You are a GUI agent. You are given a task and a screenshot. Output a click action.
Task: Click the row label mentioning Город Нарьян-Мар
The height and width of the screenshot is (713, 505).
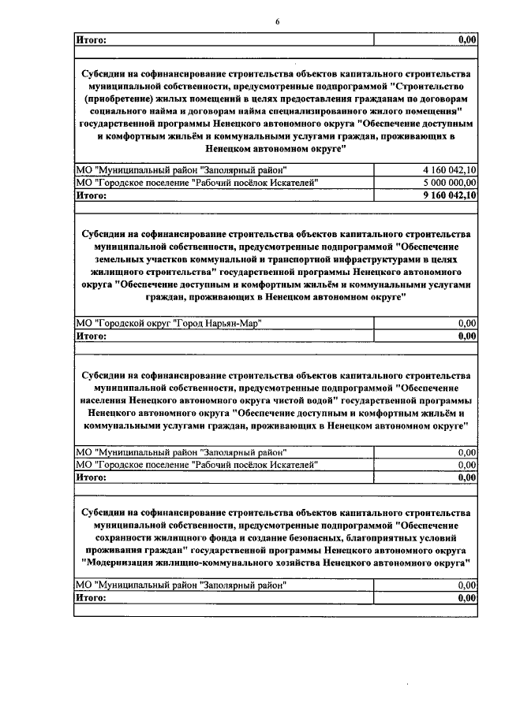coord(167,323)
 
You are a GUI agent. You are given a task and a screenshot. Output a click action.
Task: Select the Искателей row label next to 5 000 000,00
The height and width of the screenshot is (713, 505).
coord(196,182)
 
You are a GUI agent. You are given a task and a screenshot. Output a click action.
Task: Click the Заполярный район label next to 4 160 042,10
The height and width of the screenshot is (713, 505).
coord(181,169)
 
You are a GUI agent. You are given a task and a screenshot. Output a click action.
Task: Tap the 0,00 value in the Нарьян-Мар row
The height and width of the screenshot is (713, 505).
coord(467,323)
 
